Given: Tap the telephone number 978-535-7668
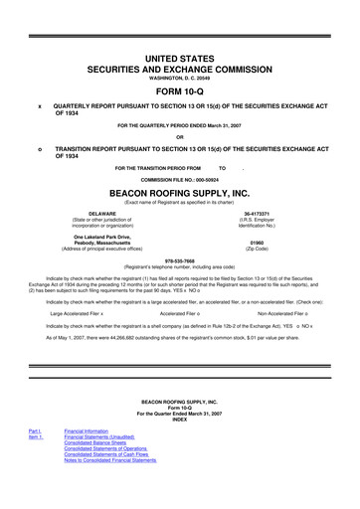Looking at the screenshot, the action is click(x=180, y=261).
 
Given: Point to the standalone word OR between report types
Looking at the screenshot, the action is click(x=180, y=137).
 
